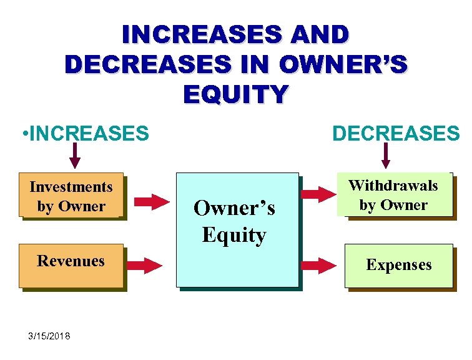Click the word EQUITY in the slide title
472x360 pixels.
click(x=236, y=94)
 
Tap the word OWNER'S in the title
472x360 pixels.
click(x=343, y=64)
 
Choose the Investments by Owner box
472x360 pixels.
click(x=71, y=196)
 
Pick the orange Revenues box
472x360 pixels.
click(x=71, y=266)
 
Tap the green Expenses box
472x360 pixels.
click(x=398, y=266)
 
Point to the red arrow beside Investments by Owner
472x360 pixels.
click(x=152, y=201)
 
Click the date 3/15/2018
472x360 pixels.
click(x=49, y=337)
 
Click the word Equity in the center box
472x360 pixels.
click(x=234, y=236)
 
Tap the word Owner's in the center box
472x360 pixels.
click(x=234, y=208)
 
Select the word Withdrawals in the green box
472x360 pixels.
click(x=393, y=186)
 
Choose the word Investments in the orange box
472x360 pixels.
click(x=71, y=187)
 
